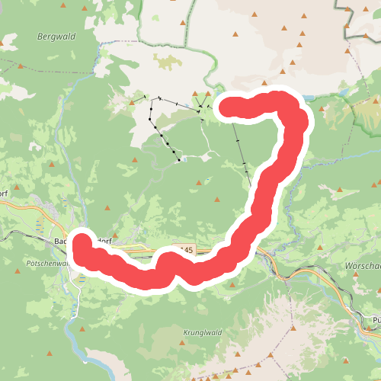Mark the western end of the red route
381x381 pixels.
81,246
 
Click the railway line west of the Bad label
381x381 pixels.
23,237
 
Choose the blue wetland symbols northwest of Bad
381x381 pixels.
40,226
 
